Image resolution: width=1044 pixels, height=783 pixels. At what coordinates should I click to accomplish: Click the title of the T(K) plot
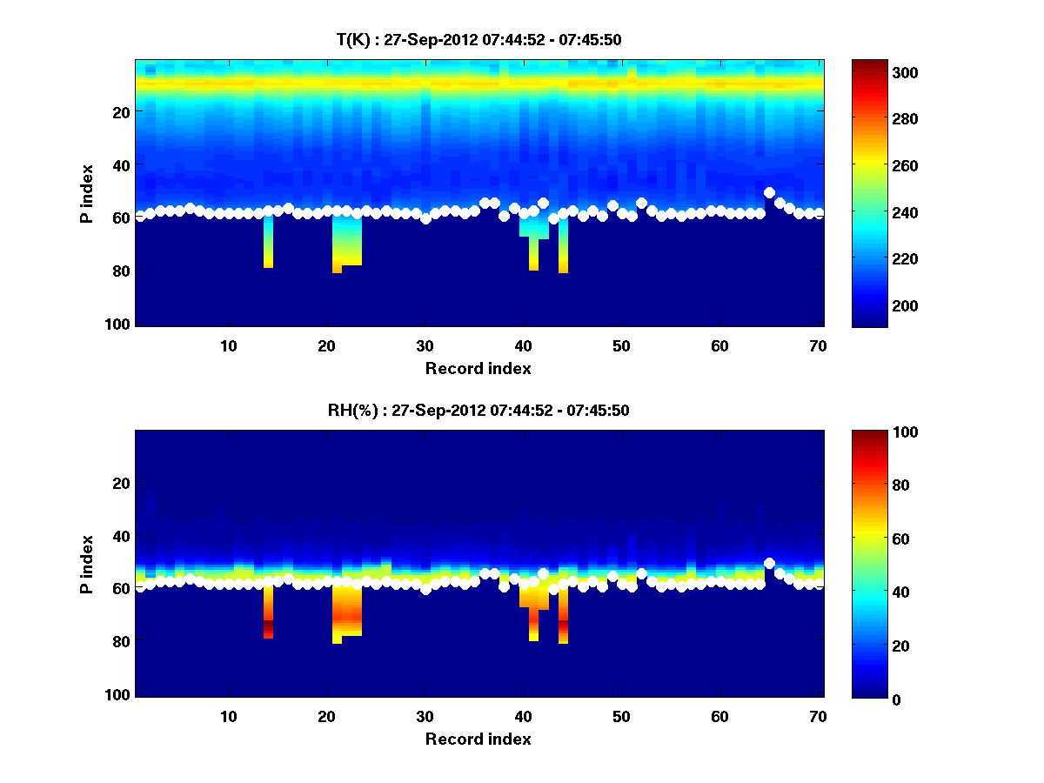478,39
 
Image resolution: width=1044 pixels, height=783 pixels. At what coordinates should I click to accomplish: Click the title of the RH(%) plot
478,411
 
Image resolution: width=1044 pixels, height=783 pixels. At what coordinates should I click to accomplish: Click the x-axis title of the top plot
478,368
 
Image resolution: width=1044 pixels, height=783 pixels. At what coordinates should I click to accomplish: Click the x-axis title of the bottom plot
478,739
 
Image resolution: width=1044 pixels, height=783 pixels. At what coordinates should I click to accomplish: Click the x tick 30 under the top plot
425,345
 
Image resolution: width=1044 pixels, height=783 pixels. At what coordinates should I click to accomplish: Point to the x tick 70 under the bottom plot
818,716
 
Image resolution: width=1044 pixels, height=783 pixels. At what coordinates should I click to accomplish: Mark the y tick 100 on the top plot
121,324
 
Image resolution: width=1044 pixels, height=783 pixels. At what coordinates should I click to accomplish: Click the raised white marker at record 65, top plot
769,192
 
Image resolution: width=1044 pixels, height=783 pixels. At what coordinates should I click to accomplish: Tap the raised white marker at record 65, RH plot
769,563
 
